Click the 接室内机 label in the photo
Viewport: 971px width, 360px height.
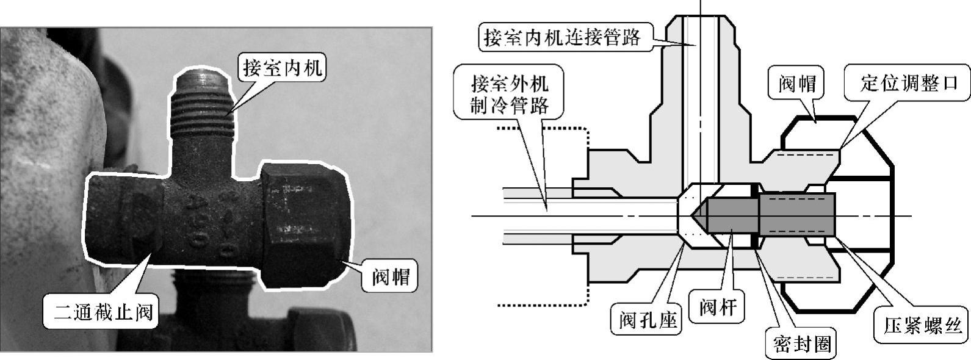[x=281, y=67]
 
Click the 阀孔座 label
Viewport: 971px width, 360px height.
[x=644, y=320]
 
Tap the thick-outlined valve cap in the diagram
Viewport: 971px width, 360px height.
[x=879, y=153]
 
